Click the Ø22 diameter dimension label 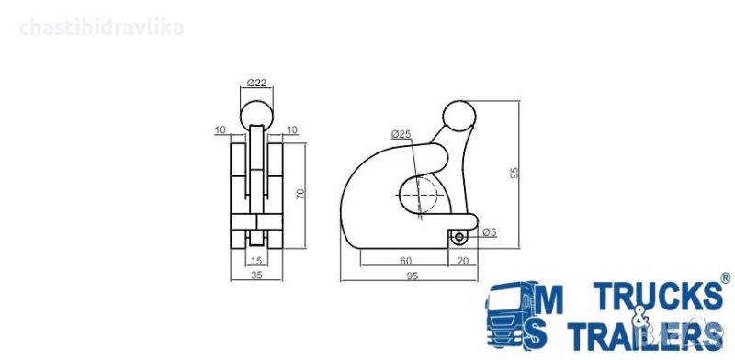(x=256, y=83)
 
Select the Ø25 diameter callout (x=401, y=134)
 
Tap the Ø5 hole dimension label (x=490, y=232)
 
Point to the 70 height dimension (x=301, y=194)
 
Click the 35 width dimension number (x=257, y=276)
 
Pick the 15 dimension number (x=257, y=260)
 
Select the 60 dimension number (x=406, y=261)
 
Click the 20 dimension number (x=463, y=261)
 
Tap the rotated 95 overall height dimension (x=514, y=173)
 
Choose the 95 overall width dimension (x=412, y=276)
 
